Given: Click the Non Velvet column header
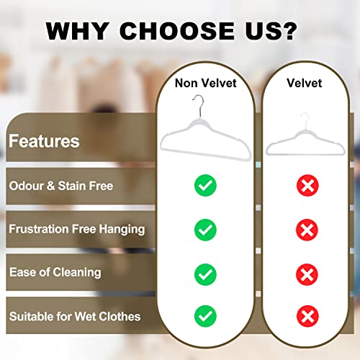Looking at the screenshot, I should (x=205, y=84).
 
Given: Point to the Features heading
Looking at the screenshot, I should (x=44, y=140).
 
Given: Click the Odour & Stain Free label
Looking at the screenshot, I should (x=60, y=186).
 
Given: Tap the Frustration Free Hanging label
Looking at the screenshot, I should (x=76, y=229).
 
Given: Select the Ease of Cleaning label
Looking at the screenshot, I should (x=55, y=272).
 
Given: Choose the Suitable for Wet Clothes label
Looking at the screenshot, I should (x=74, y=315).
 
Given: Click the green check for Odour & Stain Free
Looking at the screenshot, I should (x=205, y=186).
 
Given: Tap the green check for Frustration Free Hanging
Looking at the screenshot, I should (x=205, y=230).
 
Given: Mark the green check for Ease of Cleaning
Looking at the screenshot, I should (x=205, y=274).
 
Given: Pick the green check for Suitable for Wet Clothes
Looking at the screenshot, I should (x=205, y=317).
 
